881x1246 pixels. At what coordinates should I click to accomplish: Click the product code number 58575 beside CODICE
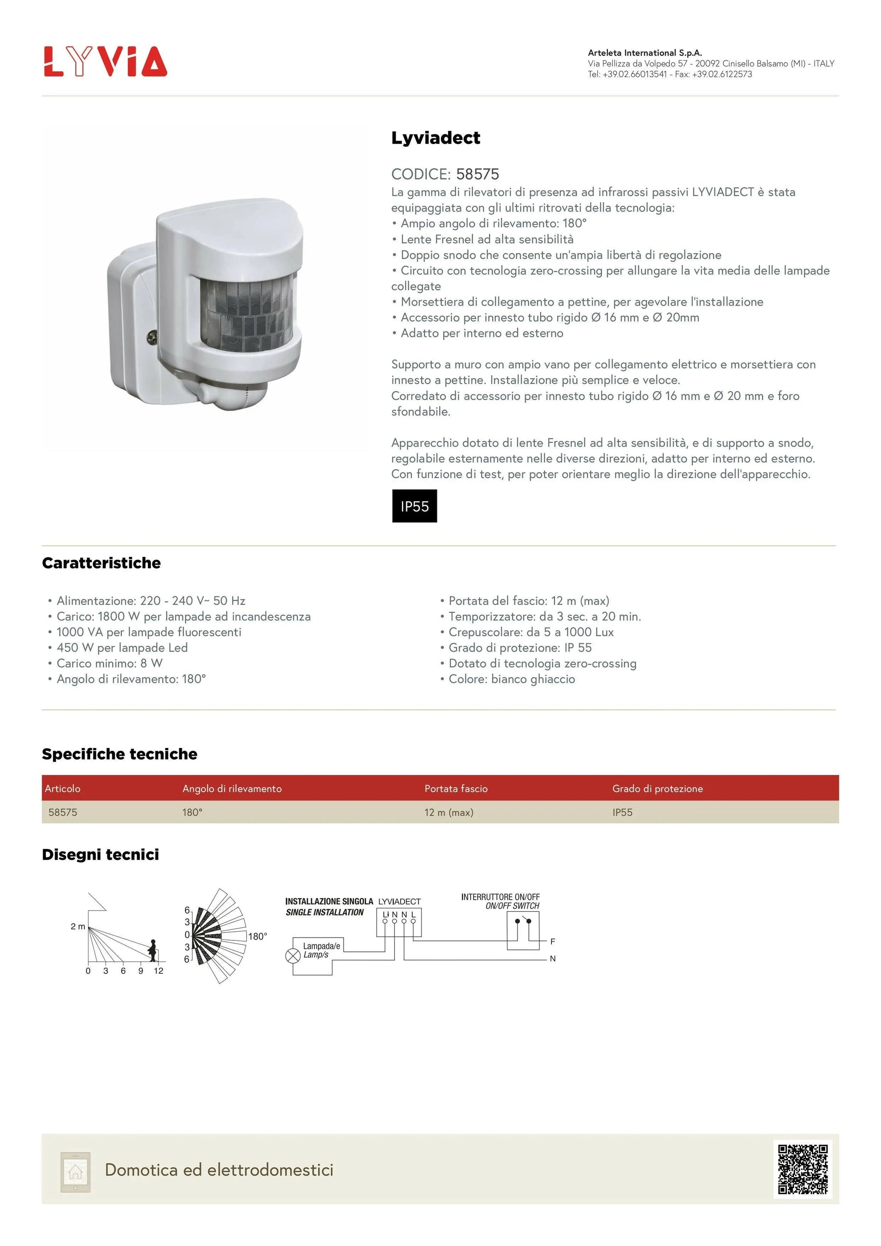coord(477,174)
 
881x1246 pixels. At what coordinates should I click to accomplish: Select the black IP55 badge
coord(414,506)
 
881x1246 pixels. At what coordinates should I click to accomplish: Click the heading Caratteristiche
coord(101,563)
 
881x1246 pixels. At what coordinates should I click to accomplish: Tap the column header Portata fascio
coord(456,789)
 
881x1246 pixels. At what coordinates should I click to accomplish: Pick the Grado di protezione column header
coord(657,789)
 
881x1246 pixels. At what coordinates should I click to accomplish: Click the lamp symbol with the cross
coord(293,956)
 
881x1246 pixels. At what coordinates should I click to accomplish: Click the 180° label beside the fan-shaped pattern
coord(258,936)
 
